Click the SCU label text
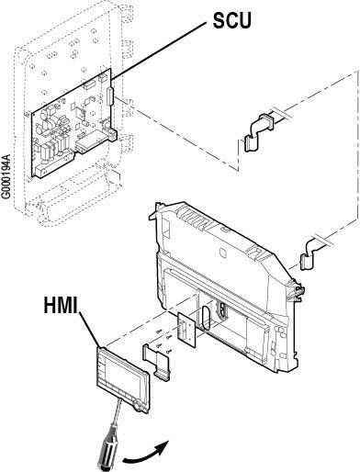click(x=231, y=20)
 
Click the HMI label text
click(x=61, y=305)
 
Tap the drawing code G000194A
click(x=6, y=176)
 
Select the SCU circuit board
click(x=73, y=122)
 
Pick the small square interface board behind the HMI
click(x=186, y=330)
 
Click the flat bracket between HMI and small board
click(x=156, y=362)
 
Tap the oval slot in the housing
click(x=205, y=318)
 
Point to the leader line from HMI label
click(x=90, y=330)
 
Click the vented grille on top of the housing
click(x=196, y=218)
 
